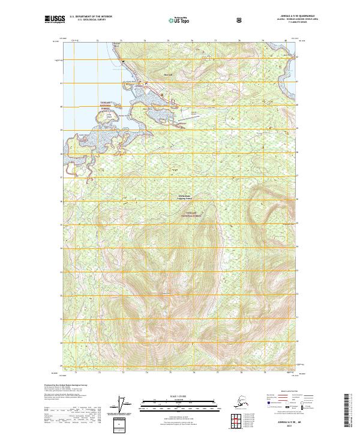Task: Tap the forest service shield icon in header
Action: [x=239, y=20]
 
